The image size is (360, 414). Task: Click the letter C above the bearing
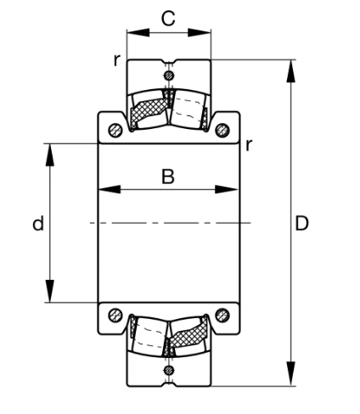coord(168,18)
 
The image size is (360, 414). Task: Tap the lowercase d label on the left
coord(37,224)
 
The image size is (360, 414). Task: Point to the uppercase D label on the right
coord(301,224)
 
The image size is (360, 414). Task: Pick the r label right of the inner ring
coord(248,144)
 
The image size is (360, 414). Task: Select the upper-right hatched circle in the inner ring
coord(222,130)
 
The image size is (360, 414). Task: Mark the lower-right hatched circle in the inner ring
coord(222,316)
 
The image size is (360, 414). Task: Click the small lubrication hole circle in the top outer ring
coord(169,76)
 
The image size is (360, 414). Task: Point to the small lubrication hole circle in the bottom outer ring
coord(169,369)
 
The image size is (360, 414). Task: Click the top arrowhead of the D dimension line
coord(291,67)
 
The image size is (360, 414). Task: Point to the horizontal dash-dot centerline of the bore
coord(170,223)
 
